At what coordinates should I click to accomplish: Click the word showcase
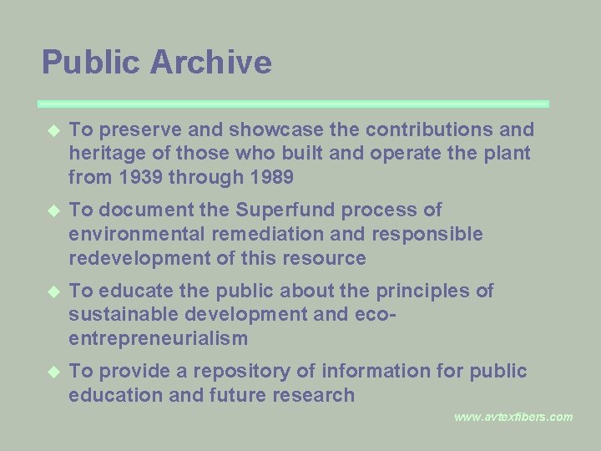coord(245,130)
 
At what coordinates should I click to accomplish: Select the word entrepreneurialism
coord(159,339)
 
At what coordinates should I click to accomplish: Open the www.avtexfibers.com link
coord(513,417)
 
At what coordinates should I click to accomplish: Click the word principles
coord(427,291)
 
